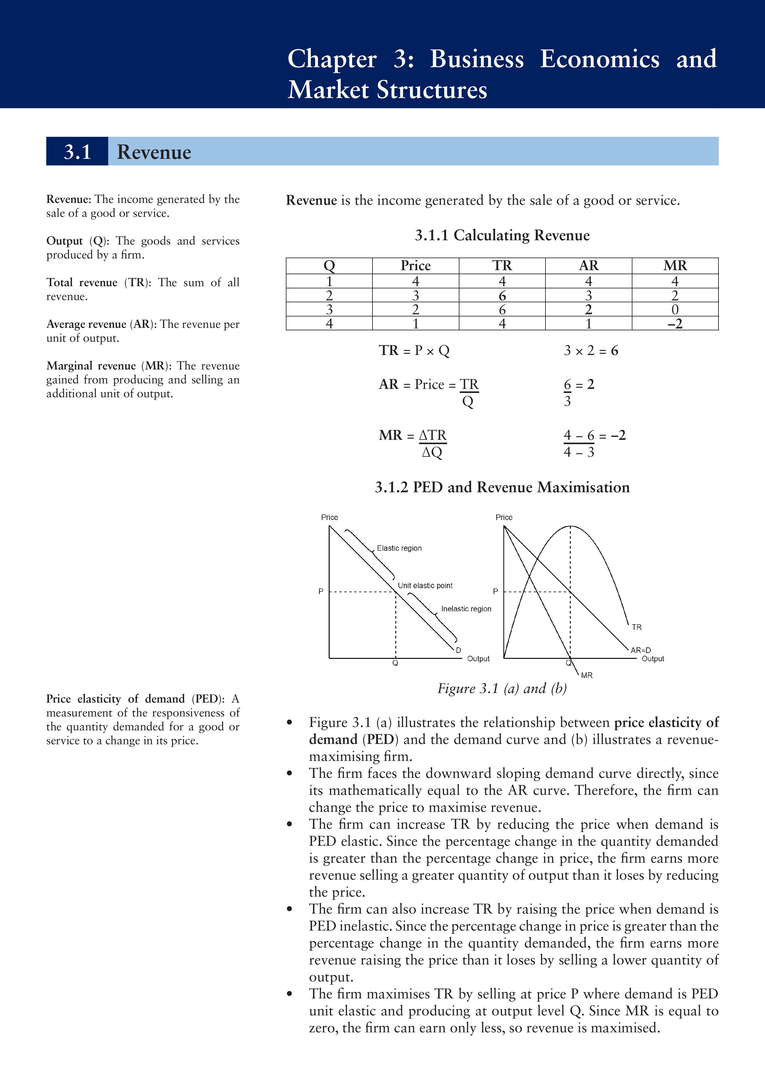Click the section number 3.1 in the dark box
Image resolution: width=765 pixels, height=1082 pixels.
(x=77, y=152)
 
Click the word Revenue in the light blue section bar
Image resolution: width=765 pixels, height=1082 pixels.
(x=154, y=152)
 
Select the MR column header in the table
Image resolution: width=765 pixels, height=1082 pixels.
(x=675, y=266)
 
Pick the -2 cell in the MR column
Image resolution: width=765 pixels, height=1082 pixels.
(x=675, y=324)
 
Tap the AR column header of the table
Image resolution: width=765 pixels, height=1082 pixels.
(x=588, y=266)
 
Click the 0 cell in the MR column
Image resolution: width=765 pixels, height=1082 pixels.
(x=675, y=310)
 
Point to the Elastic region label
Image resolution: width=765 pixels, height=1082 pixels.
(x=399, y=548)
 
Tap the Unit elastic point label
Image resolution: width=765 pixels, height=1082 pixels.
(x=425, y=585)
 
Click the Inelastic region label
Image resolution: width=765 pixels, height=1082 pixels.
(x=466, y=609)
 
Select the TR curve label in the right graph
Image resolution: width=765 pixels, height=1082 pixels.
(x=636, y=627)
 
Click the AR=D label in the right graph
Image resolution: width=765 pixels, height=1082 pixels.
(x=641, y=650)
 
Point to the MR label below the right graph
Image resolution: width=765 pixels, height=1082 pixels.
(x=586, y=675)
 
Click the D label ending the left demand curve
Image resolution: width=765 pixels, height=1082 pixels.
(x=458, y=650)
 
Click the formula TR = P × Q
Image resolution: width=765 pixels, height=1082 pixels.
(x=414, y=351)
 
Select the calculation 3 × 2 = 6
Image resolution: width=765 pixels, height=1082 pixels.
(x=591, y=351)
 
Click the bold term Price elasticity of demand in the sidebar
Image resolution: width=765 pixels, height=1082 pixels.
(x=115, y=699)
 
